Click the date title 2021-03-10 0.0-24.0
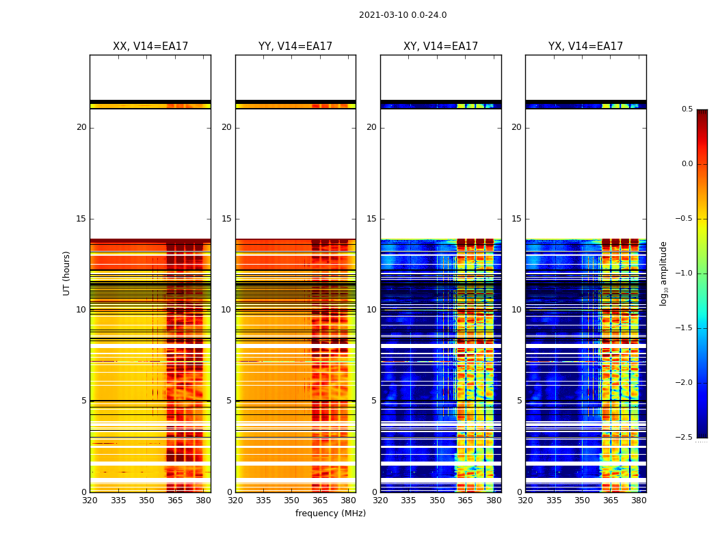(403, 15)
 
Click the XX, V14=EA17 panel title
(150, 46)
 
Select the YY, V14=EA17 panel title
(295, 46)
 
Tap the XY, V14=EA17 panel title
(440, 46)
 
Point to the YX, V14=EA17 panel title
(585, 46)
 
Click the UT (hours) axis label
(67, 273)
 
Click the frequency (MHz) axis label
(330, 513)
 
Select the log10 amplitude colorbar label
(663, 273)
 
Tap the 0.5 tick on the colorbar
(687, 109)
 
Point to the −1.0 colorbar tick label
(684, 273)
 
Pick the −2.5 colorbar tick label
(684, 438)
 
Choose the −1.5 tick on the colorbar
(684, 328)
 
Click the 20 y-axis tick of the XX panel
(81, 127)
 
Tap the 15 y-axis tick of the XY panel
(372, 219)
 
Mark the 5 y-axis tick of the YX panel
(520, 401)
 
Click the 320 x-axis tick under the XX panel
(90, 501)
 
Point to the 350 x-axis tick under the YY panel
(291, 501)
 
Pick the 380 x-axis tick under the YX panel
(639, 501)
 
